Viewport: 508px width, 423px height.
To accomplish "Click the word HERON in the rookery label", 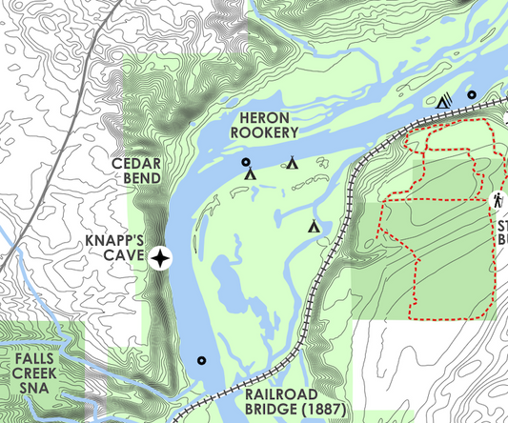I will coord(267,115).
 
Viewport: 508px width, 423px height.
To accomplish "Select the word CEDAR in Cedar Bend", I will coord(135,163).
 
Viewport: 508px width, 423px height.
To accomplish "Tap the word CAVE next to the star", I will coord(124,257).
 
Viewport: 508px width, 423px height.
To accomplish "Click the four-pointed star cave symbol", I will coord(162,257).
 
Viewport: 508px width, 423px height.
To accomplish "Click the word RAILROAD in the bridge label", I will coord(277,393).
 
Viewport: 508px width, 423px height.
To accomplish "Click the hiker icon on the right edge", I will coord(498,201).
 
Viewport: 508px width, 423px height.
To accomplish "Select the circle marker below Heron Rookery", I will coord(244,163).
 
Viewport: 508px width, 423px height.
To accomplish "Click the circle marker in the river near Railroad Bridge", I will coord(201,360).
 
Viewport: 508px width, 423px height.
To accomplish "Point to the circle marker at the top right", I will coord(472,95).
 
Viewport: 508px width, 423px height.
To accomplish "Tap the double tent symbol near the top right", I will coord(445,99).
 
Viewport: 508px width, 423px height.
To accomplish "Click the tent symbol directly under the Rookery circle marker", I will coord(250,175).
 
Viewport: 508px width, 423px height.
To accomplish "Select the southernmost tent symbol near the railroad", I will coord(314,227).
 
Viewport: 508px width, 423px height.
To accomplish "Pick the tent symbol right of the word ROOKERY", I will coord(293,163).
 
